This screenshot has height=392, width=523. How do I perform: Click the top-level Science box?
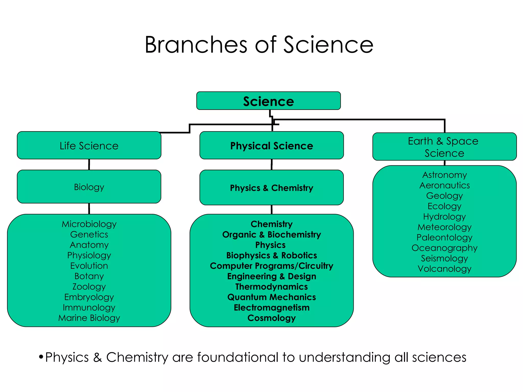coord(268,101)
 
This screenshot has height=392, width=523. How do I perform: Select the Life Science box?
coord(89,145)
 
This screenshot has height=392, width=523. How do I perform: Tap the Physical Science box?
coord(271,145)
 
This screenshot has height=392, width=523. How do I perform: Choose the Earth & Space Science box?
coord(444,147)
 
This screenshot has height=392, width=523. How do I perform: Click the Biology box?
coord(89,187)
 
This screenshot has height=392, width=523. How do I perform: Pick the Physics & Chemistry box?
coord(271,188)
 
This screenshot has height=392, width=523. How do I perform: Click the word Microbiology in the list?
coord(89,224)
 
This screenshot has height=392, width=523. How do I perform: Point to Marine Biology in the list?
coord(89,318)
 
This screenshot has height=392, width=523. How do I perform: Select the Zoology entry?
coord(89,286)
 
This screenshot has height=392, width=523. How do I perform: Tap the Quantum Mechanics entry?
coord(271,297)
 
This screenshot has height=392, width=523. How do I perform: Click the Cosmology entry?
coord(271,318)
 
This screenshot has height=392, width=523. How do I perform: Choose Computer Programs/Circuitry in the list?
coord(271,266)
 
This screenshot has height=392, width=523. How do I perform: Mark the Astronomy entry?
coord(444,175)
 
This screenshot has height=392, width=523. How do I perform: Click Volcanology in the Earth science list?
coord(444,268)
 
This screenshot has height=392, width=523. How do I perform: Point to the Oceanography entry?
coord(444,248)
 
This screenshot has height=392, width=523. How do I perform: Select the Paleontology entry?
coord(444,237)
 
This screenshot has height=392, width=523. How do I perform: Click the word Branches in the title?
coord(196,45)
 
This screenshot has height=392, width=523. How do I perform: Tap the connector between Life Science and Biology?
coord(89,164)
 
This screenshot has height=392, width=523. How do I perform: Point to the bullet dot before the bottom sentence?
coord(41,357)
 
